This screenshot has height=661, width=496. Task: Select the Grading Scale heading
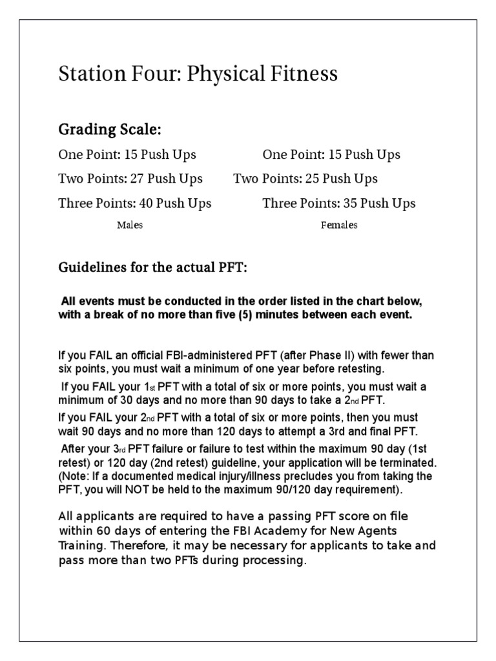click(110, 130)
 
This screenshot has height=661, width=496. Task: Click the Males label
click(130, 225)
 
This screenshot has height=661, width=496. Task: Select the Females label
click(339, 225)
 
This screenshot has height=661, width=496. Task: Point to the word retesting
click(353, 369)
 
